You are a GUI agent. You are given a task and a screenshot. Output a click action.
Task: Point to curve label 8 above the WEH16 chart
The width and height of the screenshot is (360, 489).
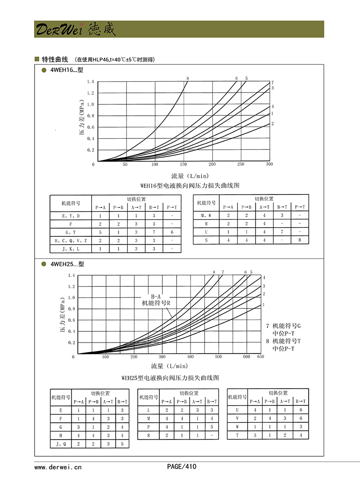(188, 78)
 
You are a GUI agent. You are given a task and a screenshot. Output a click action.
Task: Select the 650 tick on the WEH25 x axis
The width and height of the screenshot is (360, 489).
(261, 356)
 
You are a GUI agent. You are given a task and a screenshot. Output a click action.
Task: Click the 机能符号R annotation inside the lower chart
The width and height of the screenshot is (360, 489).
(156, 303)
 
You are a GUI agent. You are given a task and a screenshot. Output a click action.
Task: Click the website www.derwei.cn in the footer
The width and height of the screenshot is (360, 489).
(58, 466)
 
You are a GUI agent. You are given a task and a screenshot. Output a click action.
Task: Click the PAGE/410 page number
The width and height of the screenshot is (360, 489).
(181, 466)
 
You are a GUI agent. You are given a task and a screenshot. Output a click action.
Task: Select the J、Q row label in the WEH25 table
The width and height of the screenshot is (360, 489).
(60, 444)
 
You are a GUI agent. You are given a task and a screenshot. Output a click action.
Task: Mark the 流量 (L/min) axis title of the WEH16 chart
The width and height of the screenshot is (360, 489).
(190, 176)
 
